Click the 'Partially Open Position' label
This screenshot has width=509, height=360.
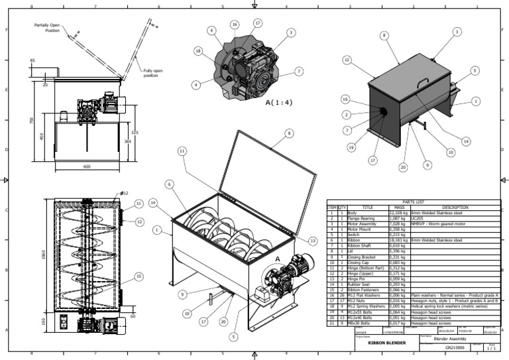pyautogui.click(x=48, y=27)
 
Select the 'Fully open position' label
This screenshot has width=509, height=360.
pyautogui.click(x=150, y=74)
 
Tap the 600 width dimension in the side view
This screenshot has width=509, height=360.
pyautogui.click(x=87, y=166)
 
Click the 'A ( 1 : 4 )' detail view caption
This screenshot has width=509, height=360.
pyautogui.click(x=279, y=103)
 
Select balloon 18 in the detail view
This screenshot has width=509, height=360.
pyautogui.click(x=198, y=51)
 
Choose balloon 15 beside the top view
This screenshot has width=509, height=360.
pyautogui.click(x=138, y=276)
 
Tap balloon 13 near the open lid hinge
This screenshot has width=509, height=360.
pyautogui.click(x=313, y=240)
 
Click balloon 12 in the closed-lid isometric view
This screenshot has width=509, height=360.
pyautogui.click(x=347, y=60)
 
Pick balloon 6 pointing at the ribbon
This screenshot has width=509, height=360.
pyautogui.click(x=170, y=184)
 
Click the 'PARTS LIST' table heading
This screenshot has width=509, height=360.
pyautogui.click(x=414, y=202)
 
